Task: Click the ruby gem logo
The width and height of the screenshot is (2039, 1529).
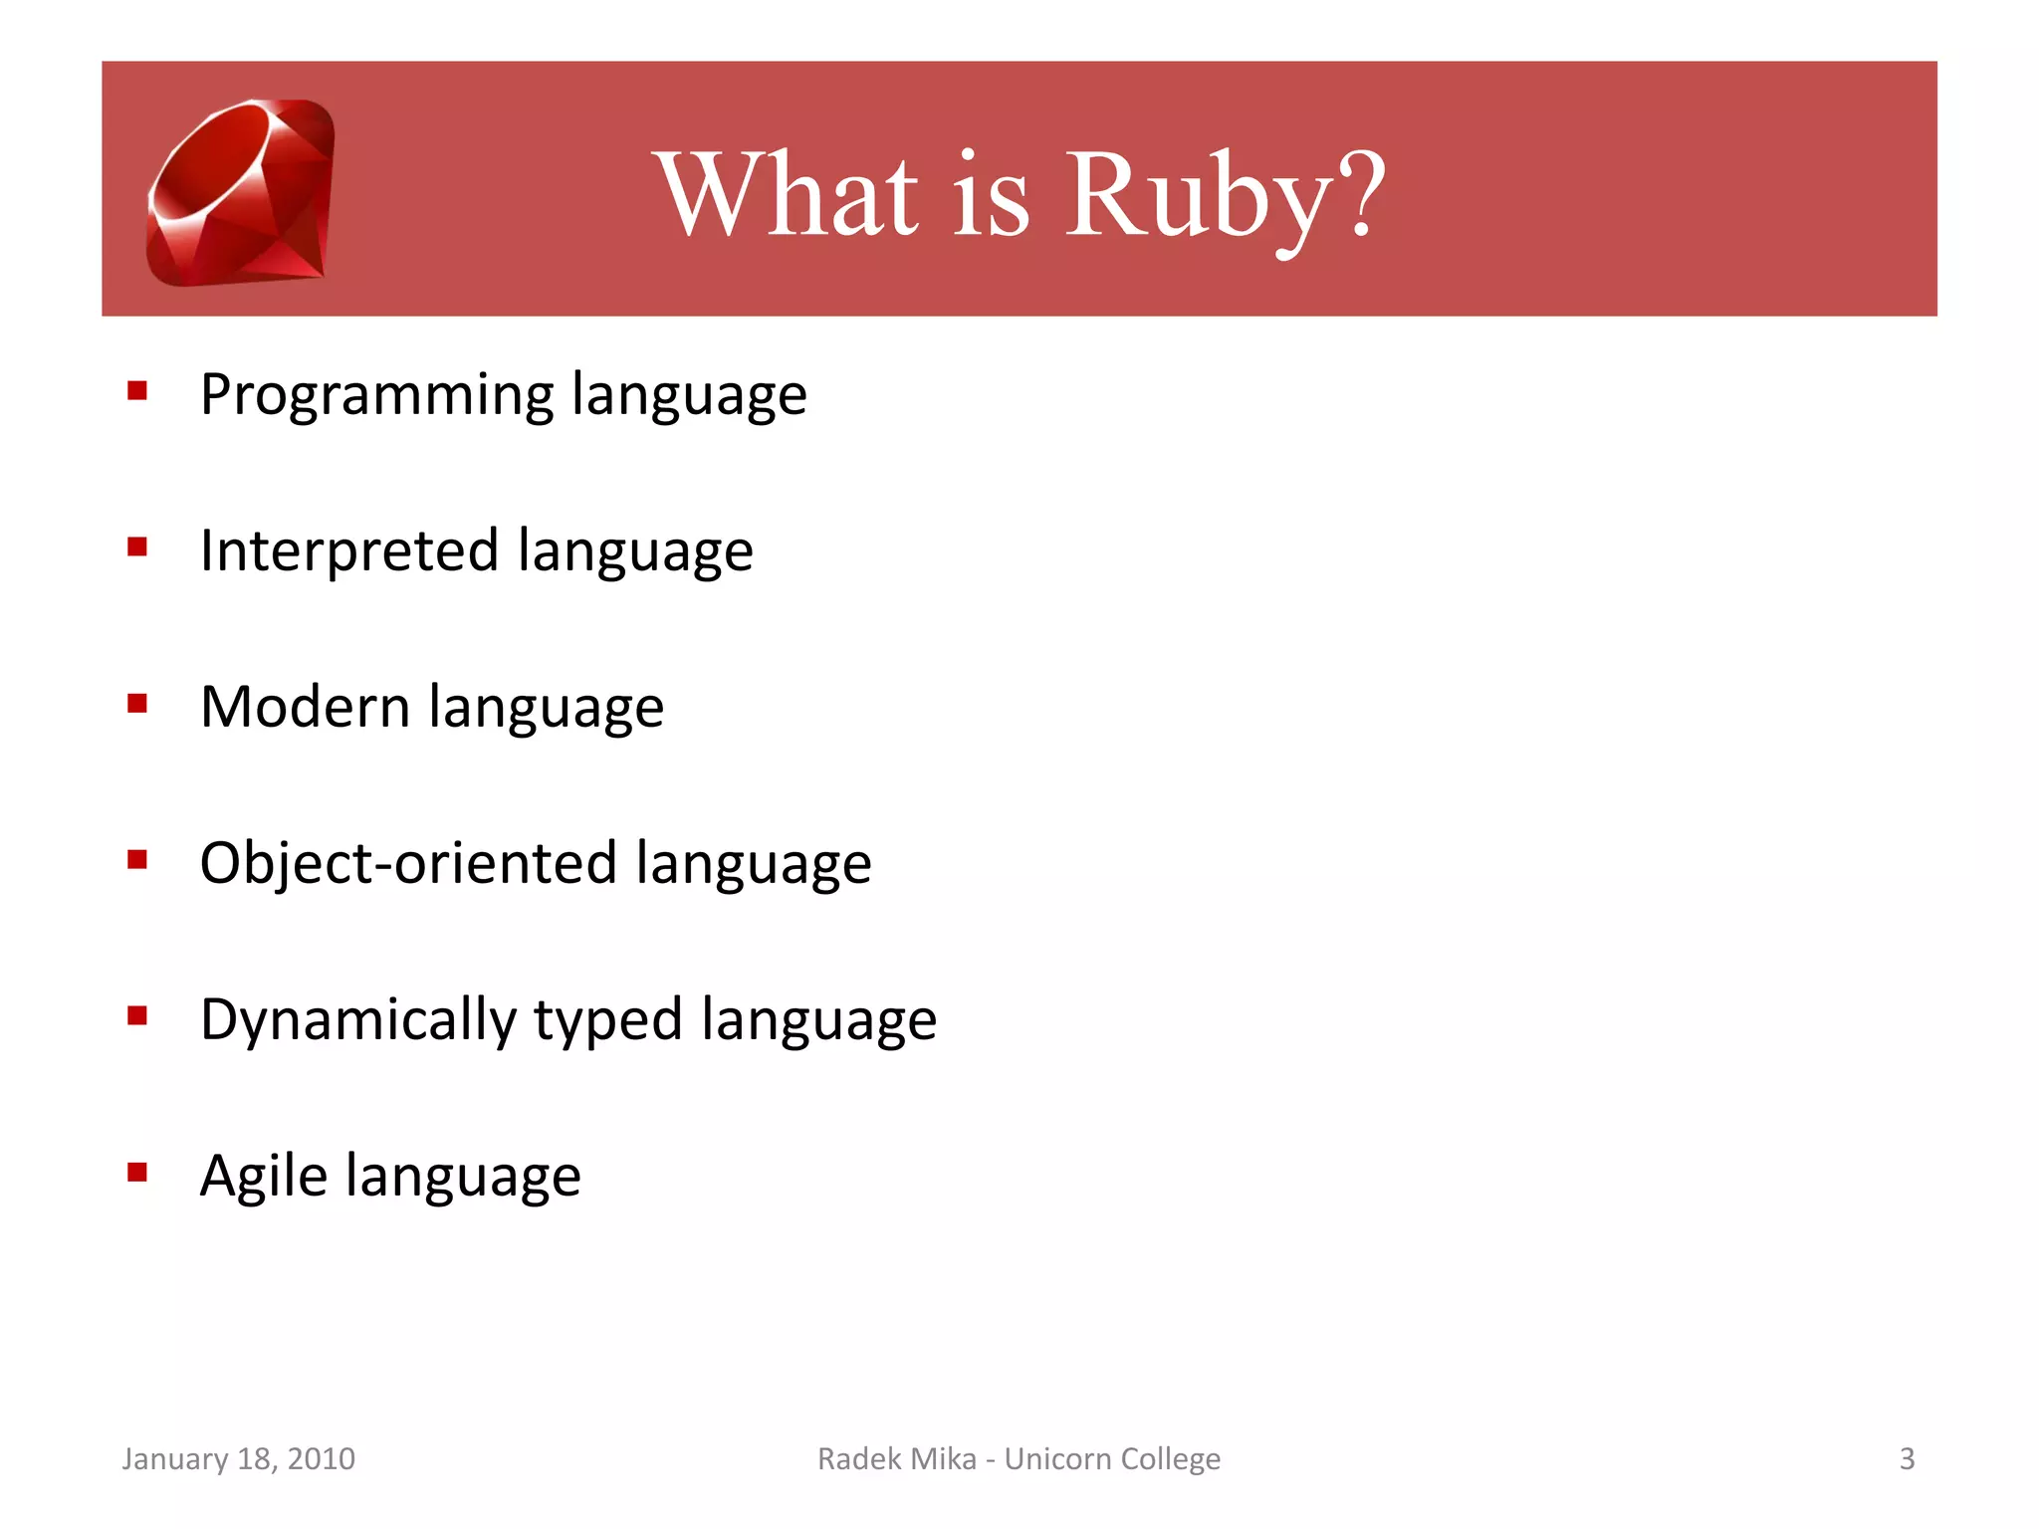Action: (x=241, y=192)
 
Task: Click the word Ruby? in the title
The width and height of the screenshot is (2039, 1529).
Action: (x=1225, y=195)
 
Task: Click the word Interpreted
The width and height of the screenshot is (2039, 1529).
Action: (x=348, y=550)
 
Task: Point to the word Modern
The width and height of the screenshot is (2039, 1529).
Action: (x=305, y=707)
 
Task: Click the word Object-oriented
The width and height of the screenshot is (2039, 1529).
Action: (x=408, y=862)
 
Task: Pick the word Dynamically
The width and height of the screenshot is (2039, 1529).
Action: (x=358, y=1019)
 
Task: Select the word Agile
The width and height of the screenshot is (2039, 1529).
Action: (x=263, y=1176)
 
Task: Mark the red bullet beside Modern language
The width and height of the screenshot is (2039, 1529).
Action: (x=137, y=704)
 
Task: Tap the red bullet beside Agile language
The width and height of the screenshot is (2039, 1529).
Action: (x=137, y=1172)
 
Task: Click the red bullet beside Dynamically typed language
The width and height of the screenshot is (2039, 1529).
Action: (x=137, y=1015)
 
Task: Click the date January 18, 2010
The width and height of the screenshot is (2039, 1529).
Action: (x=238, y=1458)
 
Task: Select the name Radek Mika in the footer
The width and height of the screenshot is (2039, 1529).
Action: (x=896, y=1458)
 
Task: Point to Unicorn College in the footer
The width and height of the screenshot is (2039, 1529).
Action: (x=1112, y=1458)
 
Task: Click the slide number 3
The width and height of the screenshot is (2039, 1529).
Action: (x=1907, y=1458)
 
